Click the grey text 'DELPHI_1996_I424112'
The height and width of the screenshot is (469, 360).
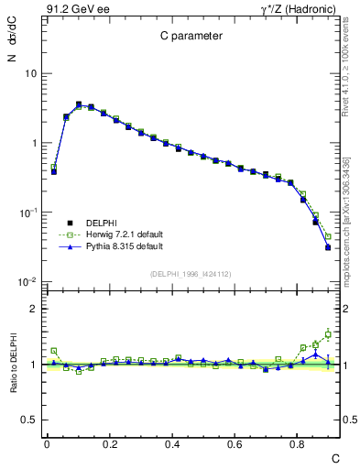(x=192, y=272)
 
